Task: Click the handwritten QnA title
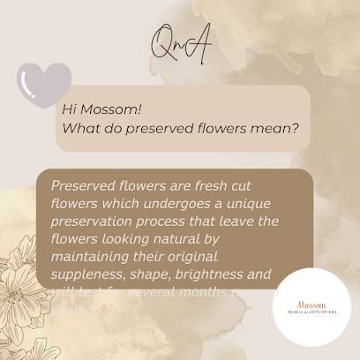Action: [181, 45]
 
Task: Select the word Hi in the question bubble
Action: [71, 109]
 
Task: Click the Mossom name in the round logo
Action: [311, 302]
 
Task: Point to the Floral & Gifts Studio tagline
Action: [311, 311]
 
